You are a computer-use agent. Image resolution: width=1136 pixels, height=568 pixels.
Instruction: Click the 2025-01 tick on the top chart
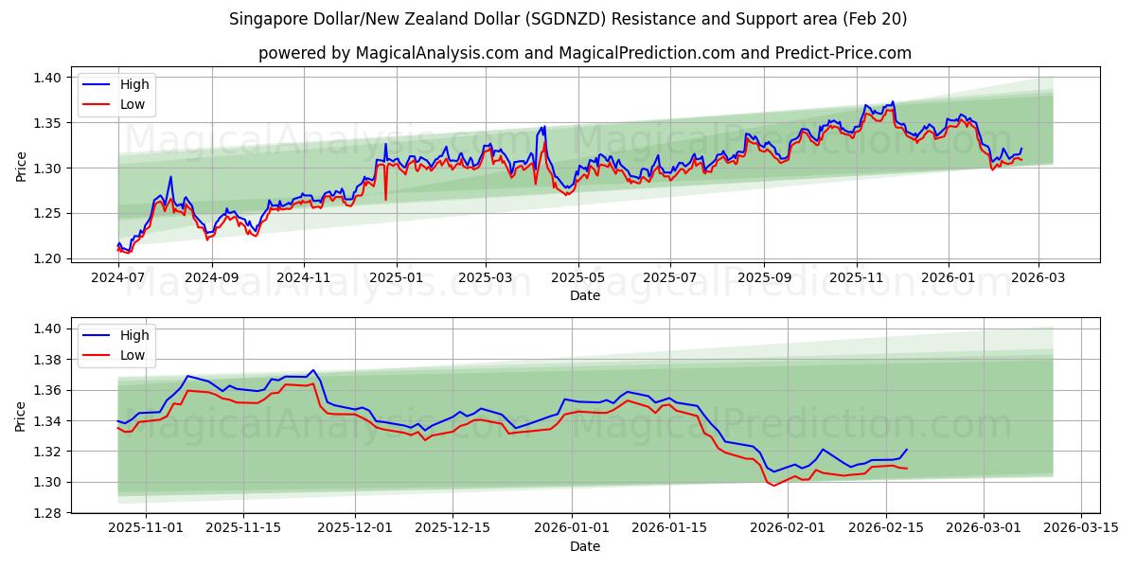pos(396,278)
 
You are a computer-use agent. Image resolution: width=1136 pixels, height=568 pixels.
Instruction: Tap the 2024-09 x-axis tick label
pos(211,278)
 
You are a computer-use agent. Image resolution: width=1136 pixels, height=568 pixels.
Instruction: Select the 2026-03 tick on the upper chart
pos(1038,278)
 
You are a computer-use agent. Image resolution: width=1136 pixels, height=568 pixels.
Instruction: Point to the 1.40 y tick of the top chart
pos(48,78)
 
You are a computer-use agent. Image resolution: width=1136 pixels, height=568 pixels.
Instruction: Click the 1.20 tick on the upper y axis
pos(48,258)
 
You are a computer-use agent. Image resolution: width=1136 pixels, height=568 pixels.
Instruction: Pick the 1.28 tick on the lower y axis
pos(48,513)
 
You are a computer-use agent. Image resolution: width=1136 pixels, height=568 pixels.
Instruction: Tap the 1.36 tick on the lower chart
pos(48,390)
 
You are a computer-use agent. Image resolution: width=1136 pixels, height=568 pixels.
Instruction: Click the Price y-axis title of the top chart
pos(21,167)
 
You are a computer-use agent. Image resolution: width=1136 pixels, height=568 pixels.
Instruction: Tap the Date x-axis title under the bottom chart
pos(584,546)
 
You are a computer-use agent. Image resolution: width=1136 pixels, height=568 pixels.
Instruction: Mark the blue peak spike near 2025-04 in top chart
pos(544,126)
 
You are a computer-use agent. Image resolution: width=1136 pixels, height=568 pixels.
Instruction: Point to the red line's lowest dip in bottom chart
pos(773,486)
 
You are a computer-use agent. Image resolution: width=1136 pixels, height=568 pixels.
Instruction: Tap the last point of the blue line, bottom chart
pos(906,450)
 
